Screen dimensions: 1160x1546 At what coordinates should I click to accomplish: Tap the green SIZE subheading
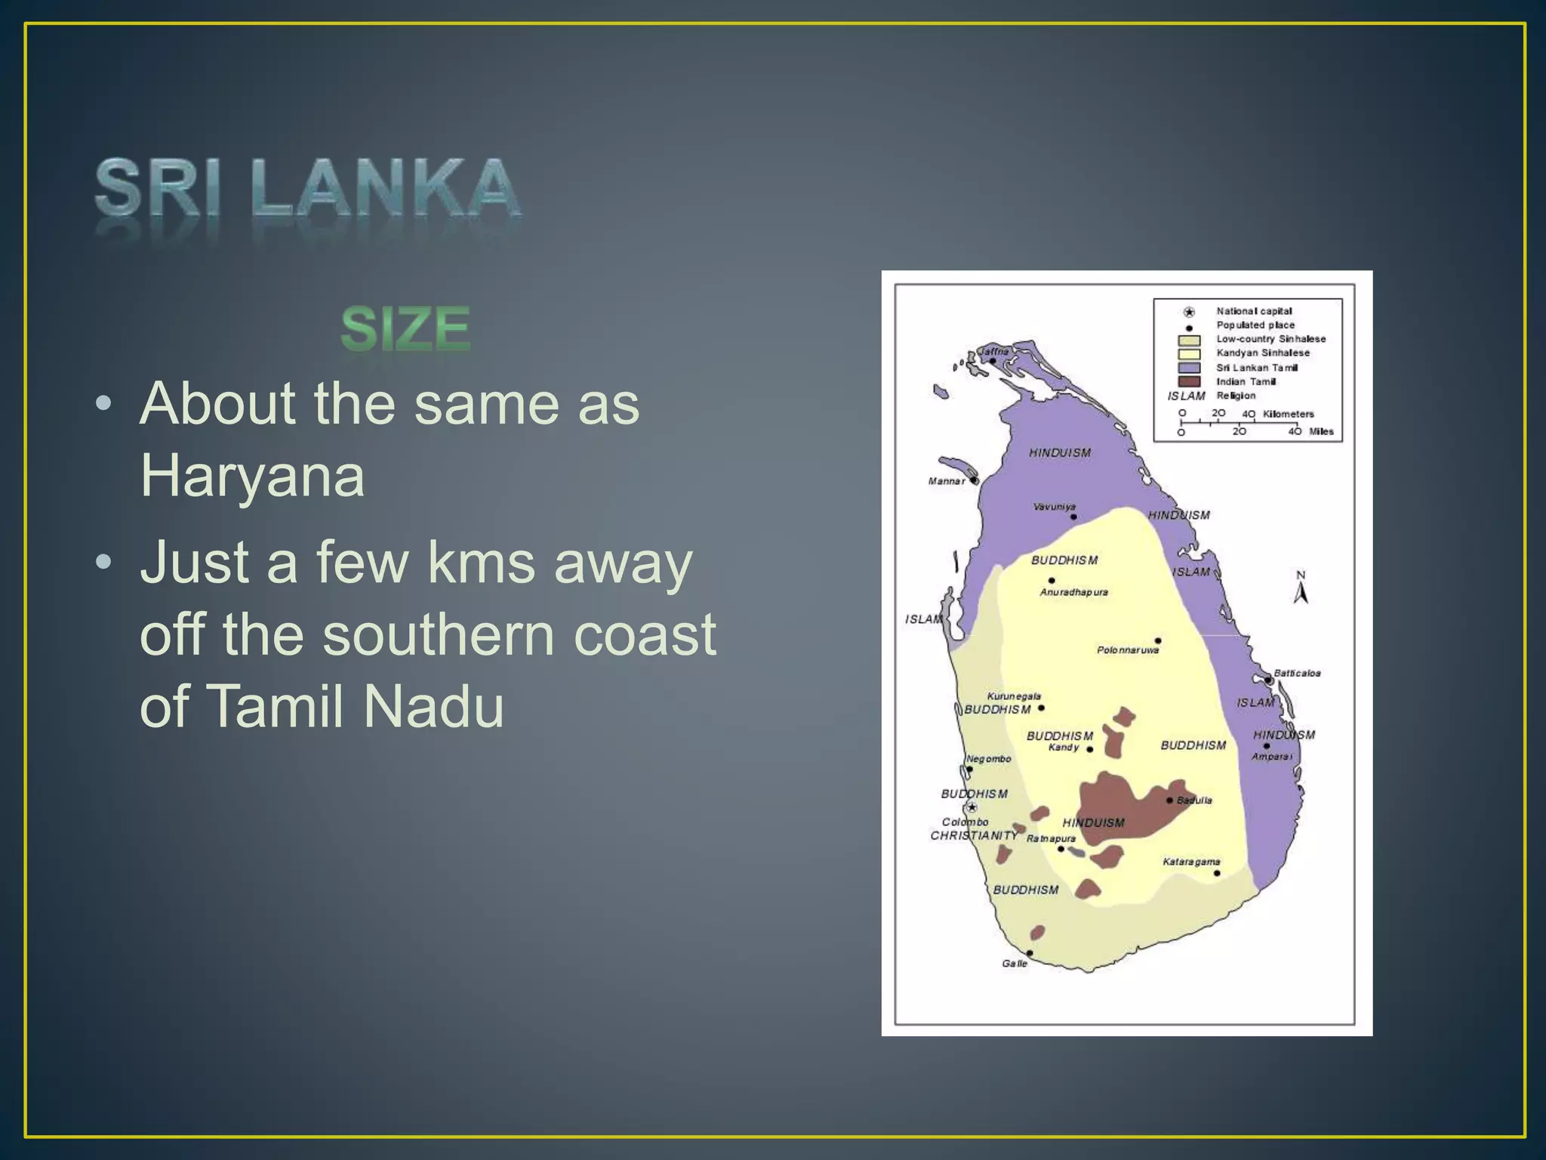tap(405, 329)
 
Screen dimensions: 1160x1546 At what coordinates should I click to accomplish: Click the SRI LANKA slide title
tap(307, 189)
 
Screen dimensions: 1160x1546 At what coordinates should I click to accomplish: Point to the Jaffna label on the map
tap(994, 351)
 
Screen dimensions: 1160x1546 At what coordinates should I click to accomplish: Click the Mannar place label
tap(947, 481)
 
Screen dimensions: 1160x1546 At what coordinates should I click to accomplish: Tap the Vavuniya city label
tap(1055, 507)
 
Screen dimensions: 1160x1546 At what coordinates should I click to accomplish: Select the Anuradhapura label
tap(1073, 592)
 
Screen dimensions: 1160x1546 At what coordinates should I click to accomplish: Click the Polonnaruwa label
tap(1128, 650)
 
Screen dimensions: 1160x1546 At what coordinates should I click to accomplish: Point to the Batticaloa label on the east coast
tap(1297, 673)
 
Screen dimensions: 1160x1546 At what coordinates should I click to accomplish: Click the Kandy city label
tap(1064, 748)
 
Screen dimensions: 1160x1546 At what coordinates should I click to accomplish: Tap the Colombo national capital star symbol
tap(972, 807)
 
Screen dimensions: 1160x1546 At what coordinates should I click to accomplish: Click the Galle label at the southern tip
tap(1015, 964)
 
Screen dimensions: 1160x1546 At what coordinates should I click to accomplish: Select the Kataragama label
tap(1191, 862)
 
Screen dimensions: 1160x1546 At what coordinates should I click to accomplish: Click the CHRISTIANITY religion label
tap(974, 836)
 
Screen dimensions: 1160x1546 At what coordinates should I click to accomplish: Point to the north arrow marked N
tap(1301, 588)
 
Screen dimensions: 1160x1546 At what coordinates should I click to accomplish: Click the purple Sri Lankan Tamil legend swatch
tap(1189, 368)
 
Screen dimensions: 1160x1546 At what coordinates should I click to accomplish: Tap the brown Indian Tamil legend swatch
tap(1189, 382)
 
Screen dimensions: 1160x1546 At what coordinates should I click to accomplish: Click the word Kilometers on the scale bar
tap(1289, 414)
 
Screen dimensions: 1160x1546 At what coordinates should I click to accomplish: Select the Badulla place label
tap(1194, 801)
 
